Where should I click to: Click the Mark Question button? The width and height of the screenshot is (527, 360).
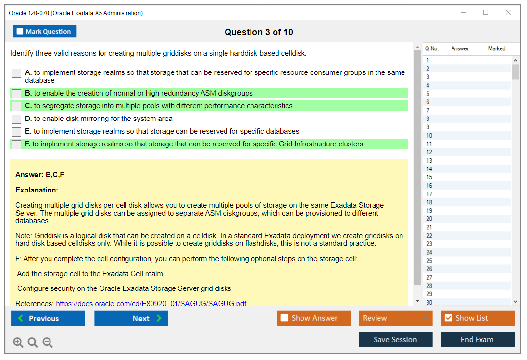tap(45, 31)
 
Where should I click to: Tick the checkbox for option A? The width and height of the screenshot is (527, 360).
tap(17, 73)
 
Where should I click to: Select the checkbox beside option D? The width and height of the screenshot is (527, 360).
tap(17, 119)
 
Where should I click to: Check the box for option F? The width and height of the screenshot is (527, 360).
tap(17, 144)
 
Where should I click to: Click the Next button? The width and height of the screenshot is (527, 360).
tap(131, 318)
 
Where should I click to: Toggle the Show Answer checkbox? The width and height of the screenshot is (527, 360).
tap(284, 318)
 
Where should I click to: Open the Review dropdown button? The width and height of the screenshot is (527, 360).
tap(396, 318)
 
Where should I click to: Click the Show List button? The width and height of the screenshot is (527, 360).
tap(477, 318)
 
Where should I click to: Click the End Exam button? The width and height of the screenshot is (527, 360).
tap(477, 339)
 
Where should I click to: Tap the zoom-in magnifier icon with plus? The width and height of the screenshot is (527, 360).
tap(18, 342)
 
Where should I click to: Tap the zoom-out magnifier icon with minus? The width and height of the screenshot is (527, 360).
tap(48, 342)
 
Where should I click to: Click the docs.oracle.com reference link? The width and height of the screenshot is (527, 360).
tap(151, 303)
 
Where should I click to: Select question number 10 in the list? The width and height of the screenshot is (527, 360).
tap(429, 135)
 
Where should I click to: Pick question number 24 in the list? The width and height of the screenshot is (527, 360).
tap(429, 252)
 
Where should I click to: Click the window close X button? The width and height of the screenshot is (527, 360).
tap(508, 12)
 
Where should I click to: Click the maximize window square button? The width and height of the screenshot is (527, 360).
tap(486, 12)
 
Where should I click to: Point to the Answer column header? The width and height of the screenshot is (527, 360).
tap(460, 48)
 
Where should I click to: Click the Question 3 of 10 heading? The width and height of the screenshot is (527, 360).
tap(259, 32)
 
